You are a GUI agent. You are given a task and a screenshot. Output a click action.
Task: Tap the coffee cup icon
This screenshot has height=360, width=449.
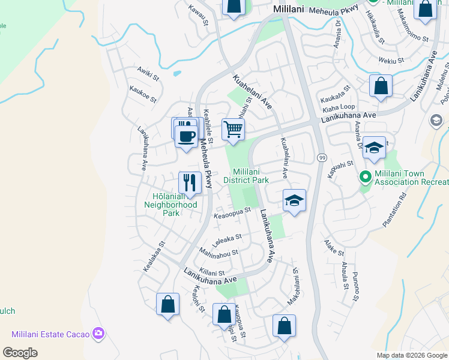tap(186, 135)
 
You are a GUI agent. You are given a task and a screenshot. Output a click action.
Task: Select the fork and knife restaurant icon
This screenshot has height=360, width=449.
tap(190, 182)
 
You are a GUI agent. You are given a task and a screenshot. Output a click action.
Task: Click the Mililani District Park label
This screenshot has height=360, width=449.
tap(246, 175)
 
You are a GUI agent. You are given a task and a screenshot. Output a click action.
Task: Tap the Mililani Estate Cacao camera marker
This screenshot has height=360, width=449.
tap(98, 333)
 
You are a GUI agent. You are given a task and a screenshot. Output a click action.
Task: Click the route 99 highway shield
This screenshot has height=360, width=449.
tap(322, 157)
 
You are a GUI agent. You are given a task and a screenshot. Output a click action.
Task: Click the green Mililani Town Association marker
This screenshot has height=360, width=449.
tap(364, 177)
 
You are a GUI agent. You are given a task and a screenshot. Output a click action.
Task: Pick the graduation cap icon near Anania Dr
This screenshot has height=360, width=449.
tap(374, 148)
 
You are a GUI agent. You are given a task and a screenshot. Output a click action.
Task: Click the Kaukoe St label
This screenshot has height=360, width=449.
tap(143, 93)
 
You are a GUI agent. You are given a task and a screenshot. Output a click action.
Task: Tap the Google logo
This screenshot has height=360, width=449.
tap(20, 353)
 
